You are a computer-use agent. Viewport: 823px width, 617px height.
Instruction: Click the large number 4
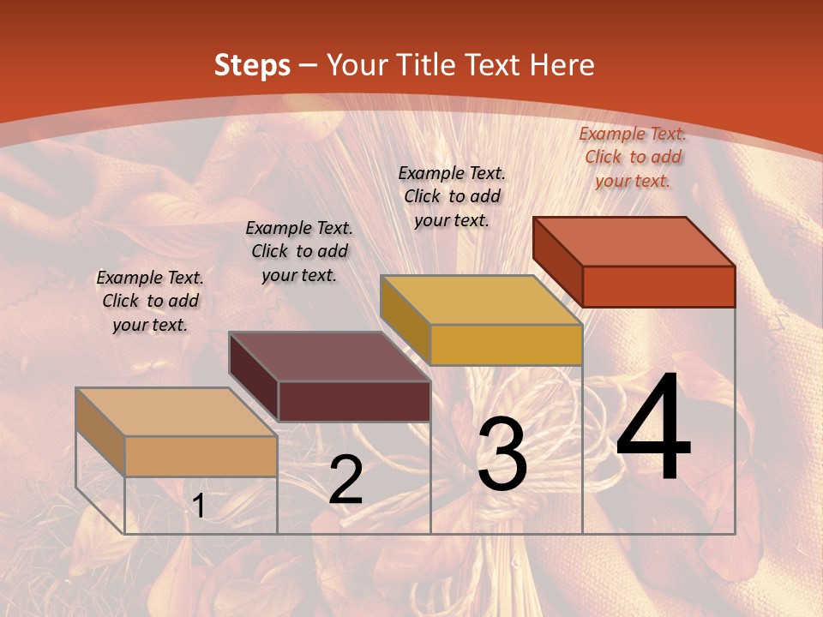(x=654, y=428)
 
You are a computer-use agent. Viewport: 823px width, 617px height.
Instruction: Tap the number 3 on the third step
(x=502, y=454)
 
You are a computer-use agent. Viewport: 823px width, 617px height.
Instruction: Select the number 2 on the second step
(x=345, y=480)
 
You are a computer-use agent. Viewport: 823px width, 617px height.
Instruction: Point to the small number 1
(x=199, y=506)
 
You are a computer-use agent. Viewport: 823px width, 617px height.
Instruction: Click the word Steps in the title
(x=252, y=65)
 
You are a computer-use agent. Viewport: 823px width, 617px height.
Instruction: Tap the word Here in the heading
(x=562, y=65)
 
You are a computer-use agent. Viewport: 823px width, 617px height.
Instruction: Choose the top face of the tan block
(x=176, y=412)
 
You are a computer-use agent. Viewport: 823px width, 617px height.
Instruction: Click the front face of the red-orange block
(x=658, y=286)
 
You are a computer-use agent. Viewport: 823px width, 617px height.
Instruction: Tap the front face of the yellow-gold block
(x=506, y=344)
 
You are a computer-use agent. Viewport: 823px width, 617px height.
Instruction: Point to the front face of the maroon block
(x=354, y=401)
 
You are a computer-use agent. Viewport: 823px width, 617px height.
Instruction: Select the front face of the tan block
(x=201, y=456)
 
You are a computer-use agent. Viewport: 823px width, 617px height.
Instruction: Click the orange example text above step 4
(x=633, y=157)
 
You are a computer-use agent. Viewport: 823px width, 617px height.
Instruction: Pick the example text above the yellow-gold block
(x=452, y=196)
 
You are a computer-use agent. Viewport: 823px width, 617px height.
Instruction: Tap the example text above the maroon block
(x=299, y=251)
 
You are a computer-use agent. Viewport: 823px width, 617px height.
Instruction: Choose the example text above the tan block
(x=150, y=301)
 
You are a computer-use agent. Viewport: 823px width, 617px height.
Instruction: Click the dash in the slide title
(x=309, y=65)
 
